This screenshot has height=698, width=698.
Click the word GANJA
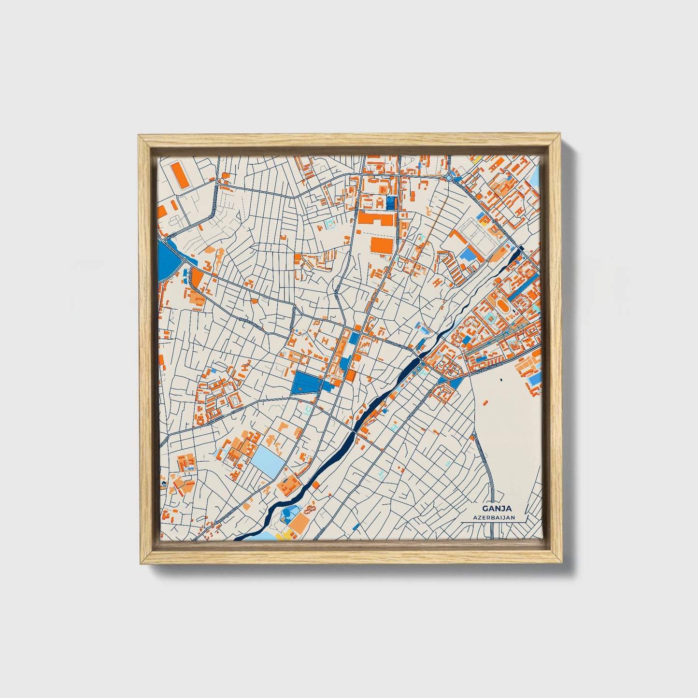click(x=494, y=508)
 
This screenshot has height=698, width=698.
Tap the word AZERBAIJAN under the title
click(x=494, y=517)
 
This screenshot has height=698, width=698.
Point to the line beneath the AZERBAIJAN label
click(x=494, y=522)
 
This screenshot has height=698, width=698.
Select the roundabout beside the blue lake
click(x=185, y=261)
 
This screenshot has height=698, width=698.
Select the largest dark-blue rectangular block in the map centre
click(x=307, y=383)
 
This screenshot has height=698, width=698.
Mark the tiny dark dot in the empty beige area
click(x=501, y=380)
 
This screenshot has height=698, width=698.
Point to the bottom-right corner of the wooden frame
click(x=562, y=563)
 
